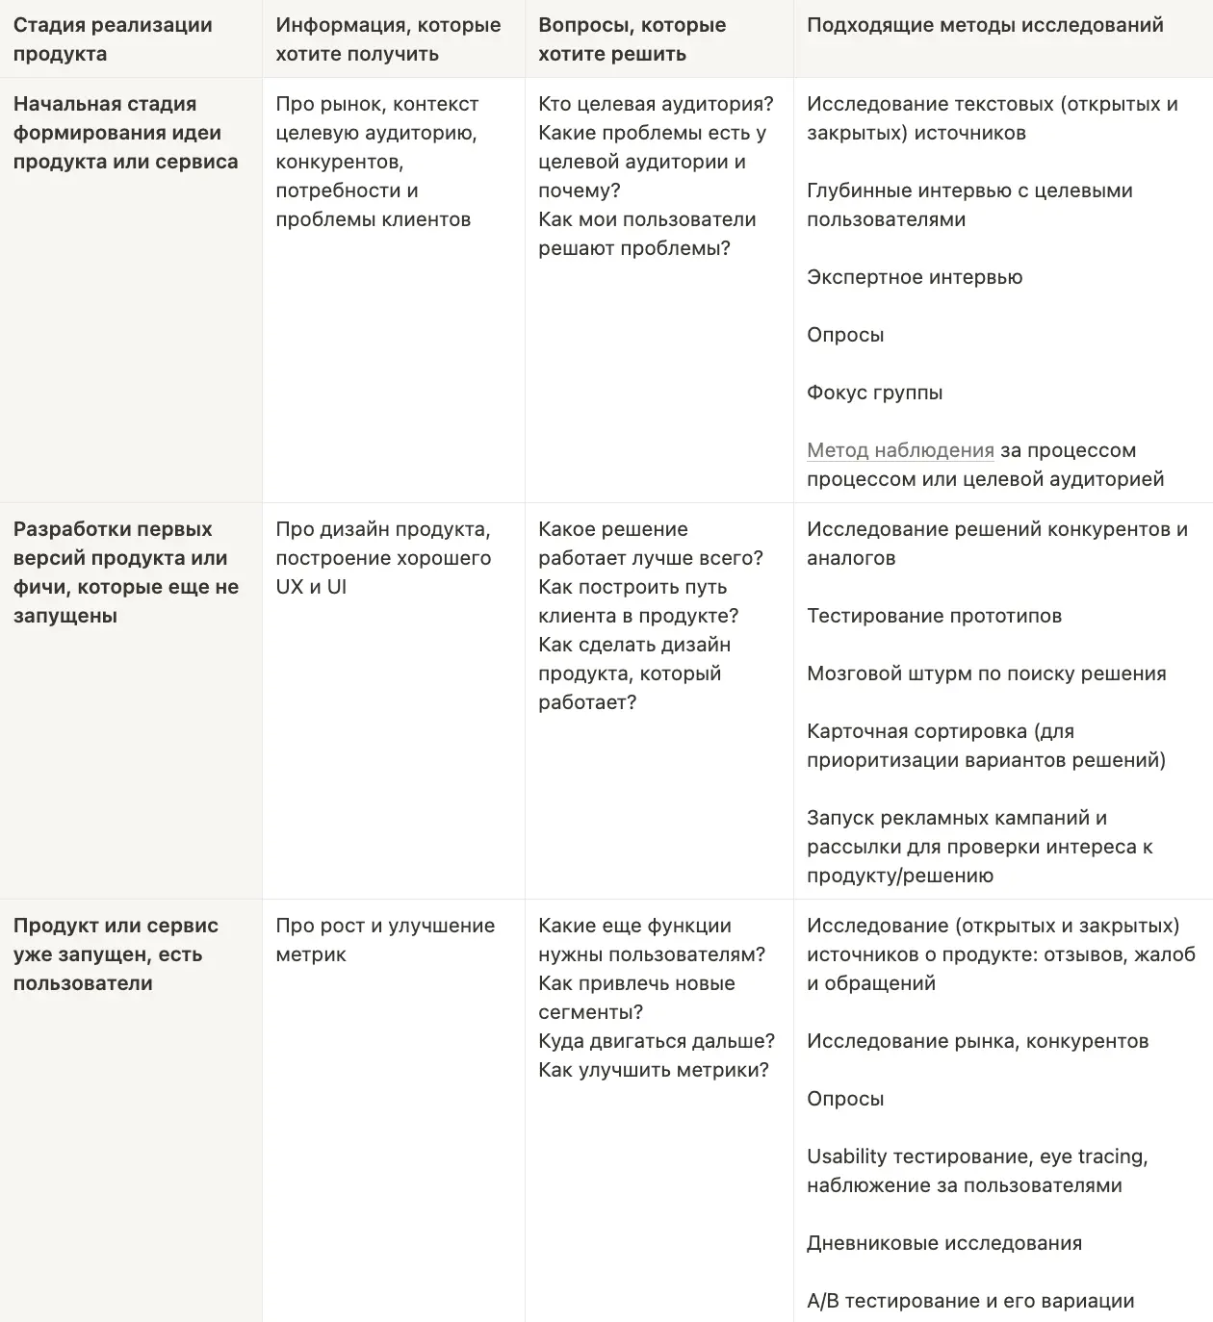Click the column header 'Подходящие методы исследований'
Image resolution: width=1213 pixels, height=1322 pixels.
pos(985,25)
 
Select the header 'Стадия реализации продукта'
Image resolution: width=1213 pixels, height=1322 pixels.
pos(113,39)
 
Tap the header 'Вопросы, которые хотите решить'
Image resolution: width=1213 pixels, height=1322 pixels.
pos(632,39)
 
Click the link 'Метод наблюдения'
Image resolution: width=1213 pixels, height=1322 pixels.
pos(900,450)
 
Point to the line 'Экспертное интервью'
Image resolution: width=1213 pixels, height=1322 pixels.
pos(915,277)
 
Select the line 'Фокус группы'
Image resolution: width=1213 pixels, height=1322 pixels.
pos(874,393)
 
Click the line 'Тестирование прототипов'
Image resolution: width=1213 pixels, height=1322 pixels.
pos(934,616)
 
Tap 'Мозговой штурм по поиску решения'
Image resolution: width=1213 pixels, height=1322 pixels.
pos(986,674)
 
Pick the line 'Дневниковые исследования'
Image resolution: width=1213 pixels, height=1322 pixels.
pos(943,1243)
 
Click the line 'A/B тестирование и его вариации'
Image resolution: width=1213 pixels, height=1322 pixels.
pos(970,1301)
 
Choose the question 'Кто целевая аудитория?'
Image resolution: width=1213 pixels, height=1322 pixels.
pos(656,104)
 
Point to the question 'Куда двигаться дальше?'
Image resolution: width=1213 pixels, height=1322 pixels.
pos(657,1041)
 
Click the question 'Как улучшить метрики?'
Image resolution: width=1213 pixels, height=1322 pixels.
pos(654,1070)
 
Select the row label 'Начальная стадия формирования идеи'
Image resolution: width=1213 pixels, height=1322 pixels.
pos(125,133)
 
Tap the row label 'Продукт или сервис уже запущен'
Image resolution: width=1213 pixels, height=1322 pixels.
pos(116,953)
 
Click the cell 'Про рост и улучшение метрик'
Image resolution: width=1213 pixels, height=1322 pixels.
pos(385,939)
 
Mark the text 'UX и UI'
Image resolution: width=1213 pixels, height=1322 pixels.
pos(311,587)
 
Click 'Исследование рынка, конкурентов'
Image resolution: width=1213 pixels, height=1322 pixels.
pos(977,1041)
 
